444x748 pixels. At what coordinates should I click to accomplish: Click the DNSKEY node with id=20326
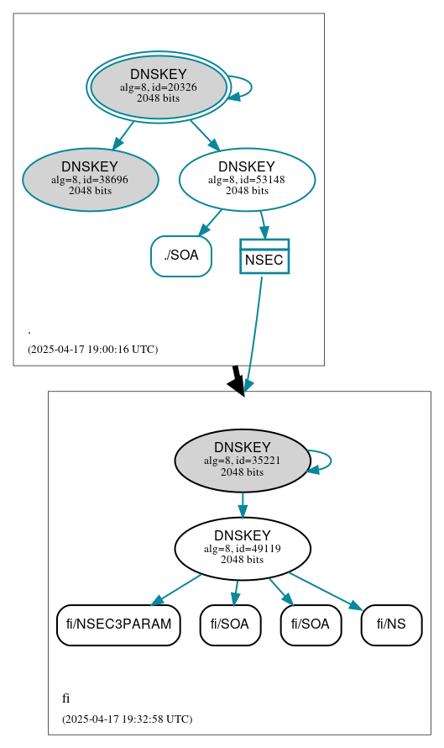(x=159, y=87)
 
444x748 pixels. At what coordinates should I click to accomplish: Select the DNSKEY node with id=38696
(x=90, y=179)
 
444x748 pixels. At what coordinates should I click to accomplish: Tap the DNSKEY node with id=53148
(x=247, y=179)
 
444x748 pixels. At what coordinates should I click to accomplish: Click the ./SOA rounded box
(x=181, y=255)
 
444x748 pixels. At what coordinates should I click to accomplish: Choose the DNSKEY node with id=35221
(x=243, y=461)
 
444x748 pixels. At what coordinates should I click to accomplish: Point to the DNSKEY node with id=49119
(x=243, y=548)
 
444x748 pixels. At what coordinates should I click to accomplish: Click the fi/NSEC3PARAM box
(x=118, y=624)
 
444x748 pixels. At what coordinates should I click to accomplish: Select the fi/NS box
(x=391, y=624)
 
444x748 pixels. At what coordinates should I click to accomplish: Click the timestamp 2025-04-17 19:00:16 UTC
(x=92, y=349)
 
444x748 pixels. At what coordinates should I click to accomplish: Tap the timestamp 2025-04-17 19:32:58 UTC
(x=127, y=719)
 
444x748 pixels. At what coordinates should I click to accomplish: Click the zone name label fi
(x=66, y=698)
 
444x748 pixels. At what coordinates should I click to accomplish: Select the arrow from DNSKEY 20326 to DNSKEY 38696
(x=123, y=135)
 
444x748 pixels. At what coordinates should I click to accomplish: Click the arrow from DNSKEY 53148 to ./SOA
(x=210, y=223)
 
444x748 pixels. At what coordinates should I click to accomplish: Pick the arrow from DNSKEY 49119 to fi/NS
(x=326, y=591)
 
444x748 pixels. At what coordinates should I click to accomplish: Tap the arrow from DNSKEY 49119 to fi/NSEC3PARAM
(x=176, y=589)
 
